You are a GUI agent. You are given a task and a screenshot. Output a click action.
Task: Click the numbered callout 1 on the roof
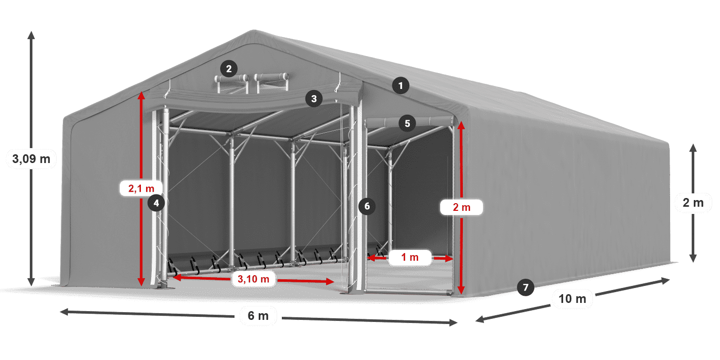tap(401, 85)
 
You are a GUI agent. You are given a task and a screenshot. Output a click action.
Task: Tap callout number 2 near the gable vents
tap(228, 68)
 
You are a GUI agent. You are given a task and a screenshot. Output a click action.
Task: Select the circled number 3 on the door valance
tap(314, 99)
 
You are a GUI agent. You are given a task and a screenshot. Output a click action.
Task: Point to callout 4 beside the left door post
tap(156, 203)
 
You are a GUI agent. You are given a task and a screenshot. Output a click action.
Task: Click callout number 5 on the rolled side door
tap(407, 123)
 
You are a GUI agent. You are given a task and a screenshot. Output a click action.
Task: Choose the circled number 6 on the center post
tap(367, 206)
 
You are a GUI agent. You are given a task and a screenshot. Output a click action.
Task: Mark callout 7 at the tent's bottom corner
tap(525, 287)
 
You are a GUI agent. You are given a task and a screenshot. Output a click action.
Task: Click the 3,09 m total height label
tap(31, 159)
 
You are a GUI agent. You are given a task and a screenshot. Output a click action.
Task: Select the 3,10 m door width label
tap(250, 279)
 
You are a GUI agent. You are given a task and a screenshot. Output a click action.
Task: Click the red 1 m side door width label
tap(409, 257)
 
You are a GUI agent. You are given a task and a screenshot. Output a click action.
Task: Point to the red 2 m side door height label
tap(462, 207)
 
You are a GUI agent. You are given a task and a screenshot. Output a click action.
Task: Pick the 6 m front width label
tap(258, 316)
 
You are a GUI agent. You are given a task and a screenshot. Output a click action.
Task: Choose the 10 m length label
tap(572, 298)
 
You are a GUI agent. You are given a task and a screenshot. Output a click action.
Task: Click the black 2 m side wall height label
tap(693, 203)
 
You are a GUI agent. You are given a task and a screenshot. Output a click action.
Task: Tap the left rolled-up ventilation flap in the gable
tap(231, 79)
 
